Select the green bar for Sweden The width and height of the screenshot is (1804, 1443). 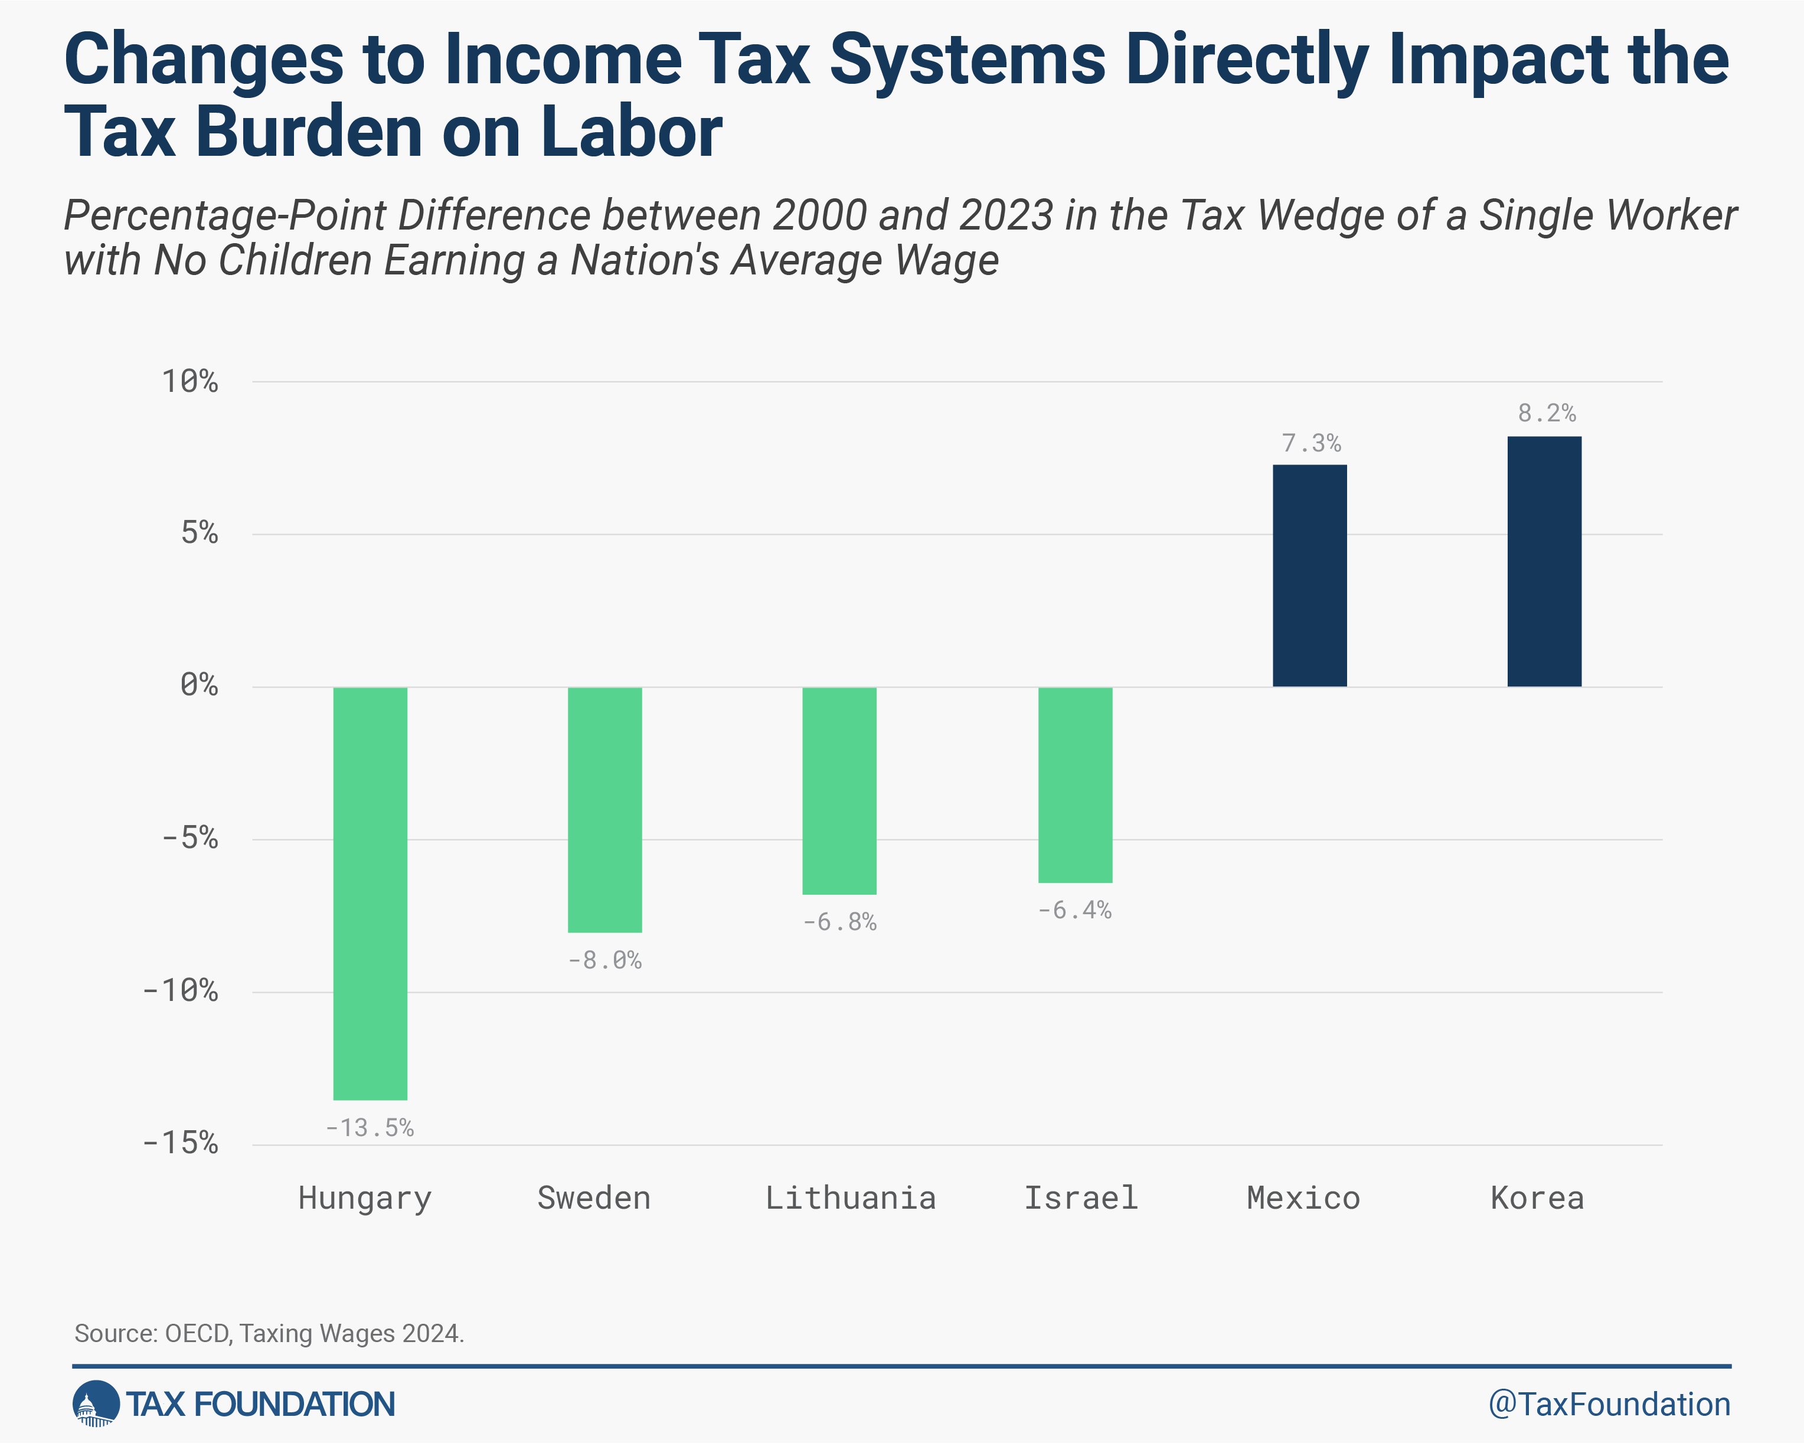(x=604, y=809)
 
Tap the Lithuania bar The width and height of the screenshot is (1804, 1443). (x=839, y=790)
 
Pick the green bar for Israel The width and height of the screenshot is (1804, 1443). (x=1075, y=785)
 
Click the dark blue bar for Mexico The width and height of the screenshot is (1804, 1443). (x=1309, y=575)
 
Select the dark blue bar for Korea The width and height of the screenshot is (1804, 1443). (x=1544, y=561)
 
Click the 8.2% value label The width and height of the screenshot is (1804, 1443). (x=1546, y=413)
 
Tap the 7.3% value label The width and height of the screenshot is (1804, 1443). (x=1311, y=443)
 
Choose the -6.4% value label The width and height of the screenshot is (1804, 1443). (x=1075, y=910)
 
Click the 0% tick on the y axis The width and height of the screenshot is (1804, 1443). (x=199, y=686)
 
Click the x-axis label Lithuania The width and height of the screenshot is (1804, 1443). (x=850, y=1198)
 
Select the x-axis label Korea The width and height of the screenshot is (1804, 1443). (x=1537, y=1198)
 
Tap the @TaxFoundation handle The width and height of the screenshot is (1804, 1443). (x=1608, y=1405)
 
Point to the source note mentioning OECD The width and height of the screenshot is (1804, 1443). (x=269, y=1333)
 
